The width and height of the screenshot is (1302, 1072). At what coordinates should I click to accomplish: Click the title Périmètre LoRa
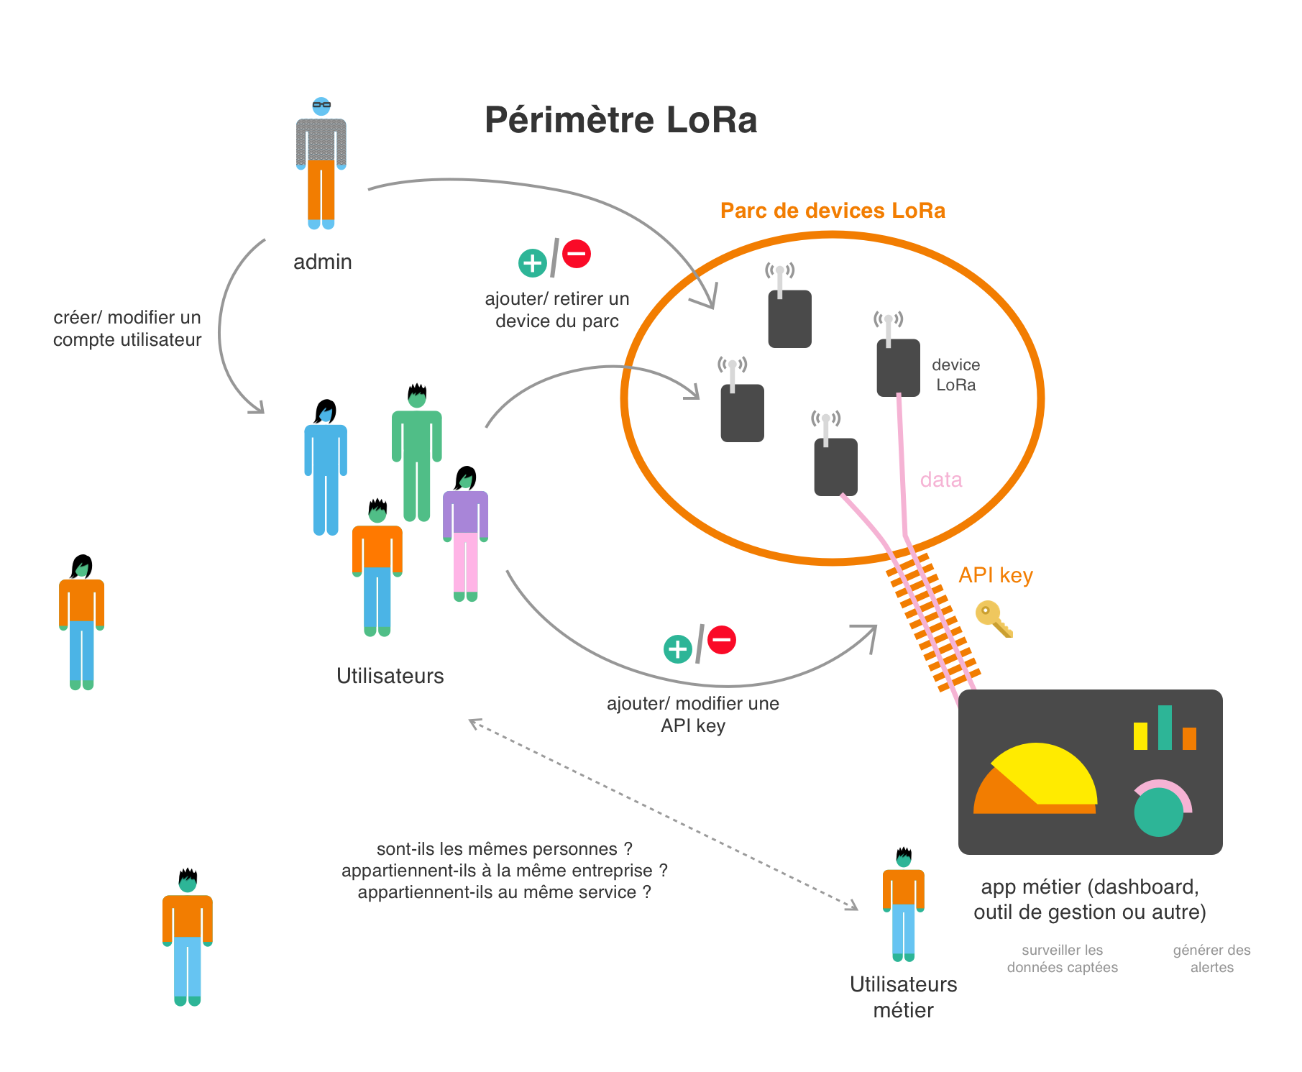pyautogui.click(x=620, y=120)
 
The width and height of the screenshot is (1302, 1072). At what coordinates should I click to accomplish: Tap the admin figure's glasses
pyautogui.click(x=321, y=105)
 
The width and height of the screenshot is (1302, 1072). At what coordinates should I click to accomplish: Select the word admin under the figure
pyautogui.click(x=323, y=262)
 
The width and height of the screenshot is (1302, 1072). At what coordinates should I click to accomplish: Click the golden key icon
pyautogui.click(x=994, y=619)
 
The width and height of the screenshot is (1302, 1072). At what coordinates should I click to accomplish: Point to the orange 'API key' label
pyautogui.click(x=996, y=575)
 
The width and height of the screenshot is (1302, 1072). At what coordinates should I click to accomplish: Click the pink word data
pyautogui.click(x=941, y=480)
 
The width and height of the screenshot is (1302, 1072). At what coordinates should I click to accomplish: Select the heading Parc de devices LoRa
pyautogui.click(x=833, y=211)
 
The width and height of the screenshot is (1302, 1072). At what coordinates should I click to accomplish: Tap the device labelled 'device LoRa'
pyautogui.click(x=898, y=367)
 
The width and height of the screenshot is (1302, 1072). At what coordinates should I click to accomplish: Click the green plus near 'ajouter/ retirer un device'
pyautogui.click(x=533, y=263)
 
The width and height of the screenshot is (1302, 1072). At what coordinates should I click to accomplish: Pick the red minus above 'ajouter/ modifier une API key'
pyautogui.click(x=722, y=639)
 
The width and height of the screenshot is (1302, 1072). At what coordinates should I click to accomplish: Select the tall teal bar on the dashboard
pyautogui.click(x=1165, y=728)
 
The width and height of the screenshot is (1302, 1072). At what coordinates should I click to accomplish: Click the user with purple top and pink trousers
pyautogui.click(x=466, y=533)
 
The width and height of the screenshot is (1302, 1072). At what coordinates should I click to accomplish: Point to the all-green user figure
pyautogui.click(x=417, y=453)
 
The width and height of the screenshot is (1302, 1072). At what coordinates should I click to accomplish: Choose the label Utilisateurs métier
pyautogui.click(x=904, y=997)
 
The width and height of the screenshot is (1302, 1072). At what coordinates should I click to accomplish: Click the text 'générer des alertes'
pyautogui.click(x=1212, y=958)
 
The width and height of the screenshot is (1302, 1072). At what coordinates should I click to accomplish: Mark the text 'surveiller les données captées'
pyautogui.click(x=1063, y=958)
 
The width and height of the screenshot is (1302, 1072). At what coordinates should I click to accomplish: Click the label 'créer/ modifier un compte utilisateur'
pyautogui.click(x=127, y=329)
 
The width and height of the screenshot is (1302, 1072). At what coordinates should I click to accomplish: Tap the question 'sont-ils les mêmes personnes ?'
pyautogui.click(x=505, y=849)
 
